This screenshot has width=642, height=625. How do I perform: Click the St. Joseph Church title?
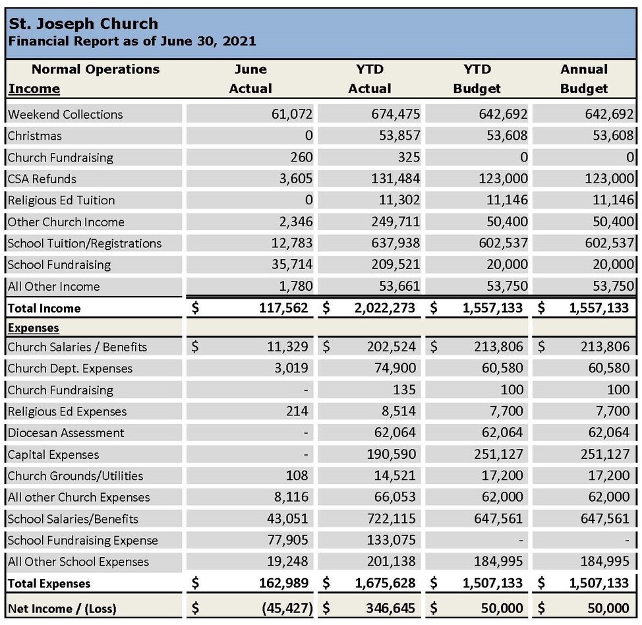[83, 24]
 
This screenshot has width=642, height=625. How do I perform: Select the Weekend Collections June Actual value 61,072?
[291, 114]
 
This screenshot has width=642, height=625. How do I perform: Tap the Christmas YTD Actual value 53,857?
[395, 136]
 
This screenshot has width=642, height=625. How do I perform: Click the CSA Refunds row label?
[42, 179]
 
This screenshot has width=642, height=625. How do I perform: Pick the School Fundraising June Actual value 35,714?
[291, 265]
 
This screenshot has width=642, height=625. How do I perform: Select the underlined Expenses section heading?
[33, 328]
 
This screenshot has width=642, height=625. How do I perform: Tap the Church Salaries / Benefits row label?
[77, 347]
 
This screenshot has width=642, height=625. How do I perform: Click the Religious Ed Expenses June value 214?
[297, 411]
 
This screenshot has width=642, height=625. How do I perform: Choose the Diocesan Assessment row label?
[66, 433]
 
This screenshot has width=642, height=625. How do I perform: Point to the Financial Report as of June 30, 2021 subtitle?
[132, 42]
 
